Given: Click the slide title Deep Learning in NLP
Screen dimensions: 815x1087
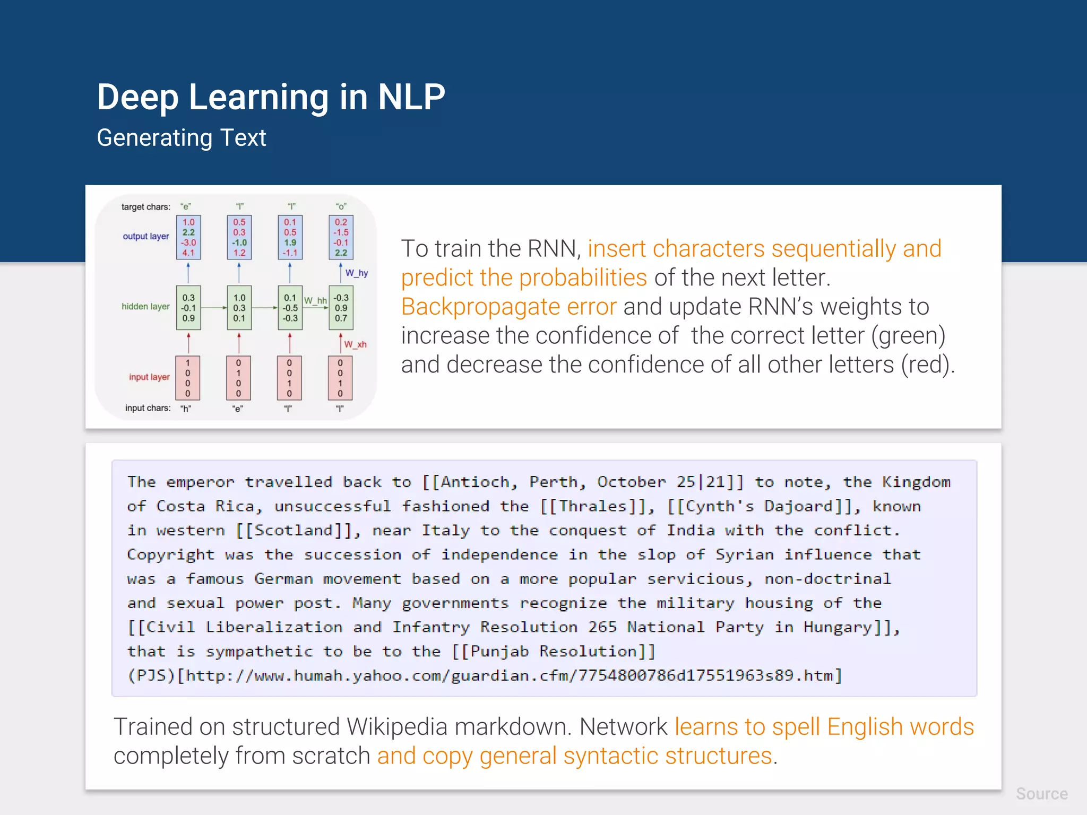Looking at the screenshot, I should pyautogui.click(x=271, y=97).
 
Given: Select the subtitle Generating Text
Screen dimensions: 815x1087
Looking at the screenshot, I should pyautogui.click(x=181, y=138).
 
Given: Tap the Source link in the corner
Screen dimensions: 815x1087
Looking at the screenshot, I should pyautogui.click(x=1041, y=793).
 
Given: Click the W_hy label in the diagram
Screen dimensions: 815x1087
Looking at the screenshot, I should pyautogui.click(x=357, y=273).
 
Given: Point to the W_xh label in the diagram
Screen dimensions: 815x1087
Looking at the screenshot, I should pyautogui.click(x=355, y=344).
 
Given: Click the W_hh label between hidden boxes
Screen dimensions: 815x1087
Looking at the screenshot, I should pyautogui.click(x=315, y=300).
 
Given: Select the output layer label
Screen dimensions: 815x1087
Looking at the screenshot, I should pyautogui.click(x=146, y=236).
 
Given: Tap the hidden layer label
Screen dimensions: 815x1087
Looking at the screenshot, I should pyautogui.click(x=145, y=306).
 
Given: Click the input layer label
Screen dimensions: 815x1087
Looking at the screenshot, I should pyautogui.click(x=149, y=377).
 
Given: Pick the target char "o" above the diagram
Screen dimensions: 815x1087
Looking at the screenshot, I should pyautogui.click(x=341, y=206).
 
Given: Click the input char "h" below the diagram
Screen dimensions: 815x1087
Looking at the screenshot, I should pyautogui.click(x=186, y=409).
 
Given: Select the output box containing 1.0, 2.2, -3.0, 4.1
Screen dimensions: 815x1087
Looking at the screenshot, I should pyautogui.click(x=188, y=237).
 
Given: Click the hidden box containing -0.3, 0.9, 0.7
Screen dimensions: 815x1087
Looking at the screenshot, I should pyautogui.click(x=341, y=308).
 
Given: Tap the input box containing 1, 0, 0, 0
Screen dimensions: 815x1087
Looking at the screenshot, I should pyautogui.click(x=187, y=378).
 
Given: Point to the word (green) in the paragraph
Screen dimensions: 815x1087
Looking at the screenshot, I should pyautogui.click(x=908, y=335).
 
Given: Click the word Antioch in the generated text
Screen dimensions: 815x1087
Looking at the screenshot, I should pyautogui.click(x=475, y=482).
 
